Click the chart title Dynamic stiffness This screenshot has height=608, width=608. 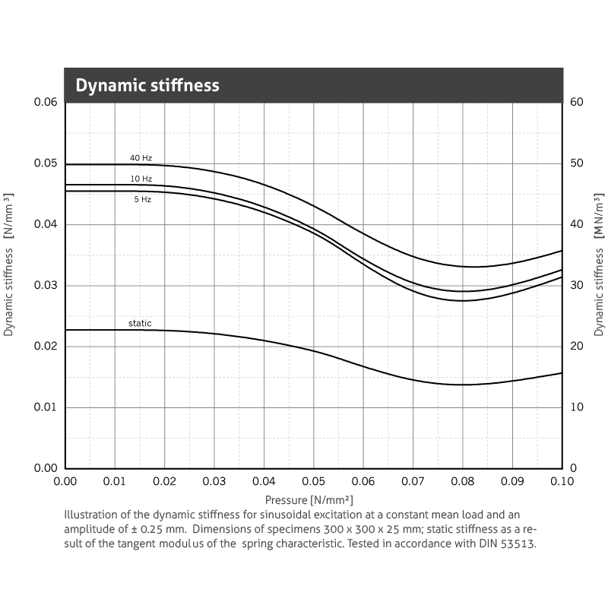[x=147, y=85]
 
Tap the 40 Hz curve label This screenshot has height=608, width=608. [x=141, y=158]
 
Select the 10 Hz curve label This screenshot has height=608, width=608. [x=141, y=179]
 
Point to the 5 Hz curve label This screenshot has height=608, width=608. [x=142, y=199]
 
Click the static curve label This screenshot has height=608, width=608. [x=140, y=324]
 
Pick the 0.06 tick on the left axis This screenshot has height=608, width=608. [x=46, y=102]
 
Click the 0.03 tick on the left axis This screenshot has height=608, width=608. [x=46, y=285]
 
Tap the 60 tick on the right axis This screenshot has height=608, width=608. [x=576, y=102]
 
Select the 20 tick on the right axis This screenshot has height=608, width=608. [x=576, y=346]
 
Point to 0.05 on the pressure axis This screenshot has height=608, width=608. [x=314, y=482]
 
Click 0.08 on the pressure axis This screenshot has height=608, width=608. [x=463, y=482]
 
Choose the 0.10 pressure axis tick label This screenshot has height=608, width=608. [x=562, y=482]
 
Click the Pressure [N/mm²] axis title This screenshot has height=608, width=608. [x=309, y=500]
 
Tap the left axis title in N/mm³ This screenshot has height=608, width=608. [x=9, y=264]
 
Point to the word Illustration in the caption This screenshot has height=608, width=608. [x=92, y=515]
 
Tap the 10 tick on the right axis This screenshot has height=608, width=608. [x=576, y=407]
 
